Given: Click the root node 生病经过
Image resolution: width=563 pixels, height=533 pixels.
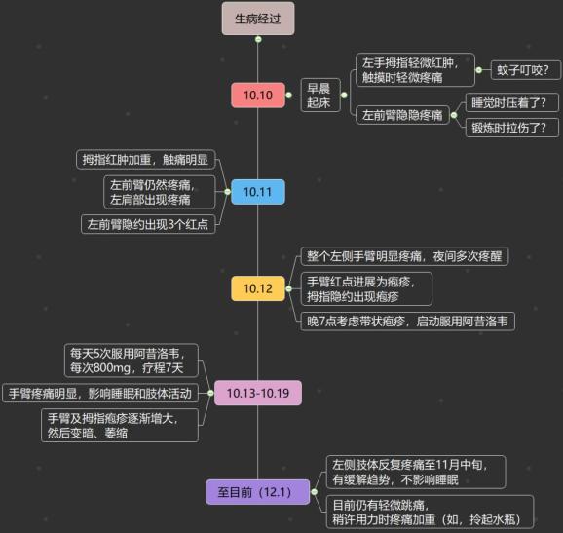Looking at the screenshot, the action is tap(258, 19).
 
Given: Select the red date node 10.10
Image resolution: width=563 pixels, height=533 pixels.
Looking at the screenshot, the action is tap(258, 95).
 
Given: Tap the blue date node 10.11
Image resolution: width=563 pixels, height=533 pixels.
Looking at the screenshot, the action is tap(258, 192).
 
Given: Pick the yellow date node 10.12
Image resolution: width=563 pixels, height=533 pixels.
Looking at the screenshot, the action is tap(258, 288).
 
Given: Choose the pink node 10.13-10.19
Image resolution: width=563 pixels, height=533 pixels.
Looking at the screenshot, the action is tap(258, 393).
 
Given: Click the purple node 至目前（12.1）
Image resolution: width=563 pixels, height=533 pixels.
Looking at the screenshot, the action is tap(257, 492).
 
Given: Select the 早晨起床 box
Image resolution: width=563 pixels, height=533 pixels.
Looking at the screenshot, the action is tap(320, 95).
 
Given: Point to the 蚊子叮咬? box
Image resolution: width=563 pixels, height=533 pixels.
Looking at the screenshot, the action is tap(525, 70).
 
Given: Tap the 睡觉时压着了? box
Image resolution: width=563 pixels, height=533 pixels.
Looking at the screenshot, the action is tap(512, 102).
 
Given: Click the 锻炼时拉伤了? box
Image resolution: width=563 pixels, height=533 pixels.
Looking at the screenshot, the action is tap(512, 128).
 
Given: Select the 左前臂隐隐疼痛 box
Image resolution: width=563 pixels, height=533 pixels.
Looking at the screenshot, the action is tap(402, 115).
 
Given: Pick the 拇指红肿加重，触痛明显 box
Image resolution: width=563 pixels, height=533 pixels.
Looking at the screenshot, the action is tap(145, 160).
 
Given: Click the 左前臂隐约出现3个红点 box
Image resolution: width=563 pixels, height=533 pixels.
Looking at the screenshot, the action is tap(148, 224).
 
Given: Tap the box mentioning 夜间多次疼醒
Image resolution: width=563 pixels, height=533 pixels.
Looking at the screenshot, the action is tap(404, 256).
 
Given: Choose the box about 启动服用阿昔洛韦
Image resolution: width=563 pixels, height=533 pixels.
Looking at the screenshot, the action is tap(407, 322).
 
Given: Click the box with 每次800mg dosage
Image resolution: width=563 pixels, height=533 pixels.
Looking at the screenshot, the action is tap(131, 361).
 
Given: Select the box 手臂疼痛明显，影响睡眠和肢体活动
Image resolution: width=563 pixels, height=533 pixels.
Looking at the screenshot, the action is tap(100, 394).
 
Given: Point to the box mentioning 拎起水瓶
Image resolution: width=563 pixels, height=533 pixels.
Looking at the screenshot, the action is tap(430, 513).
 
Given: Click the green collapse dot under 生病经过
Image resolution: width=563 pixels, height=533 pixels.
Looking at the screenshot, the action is tap(258, 39).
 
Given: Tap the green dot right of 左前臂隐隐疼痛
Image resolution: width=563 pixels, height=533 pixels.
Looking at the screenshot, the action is tap(454, 115).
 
